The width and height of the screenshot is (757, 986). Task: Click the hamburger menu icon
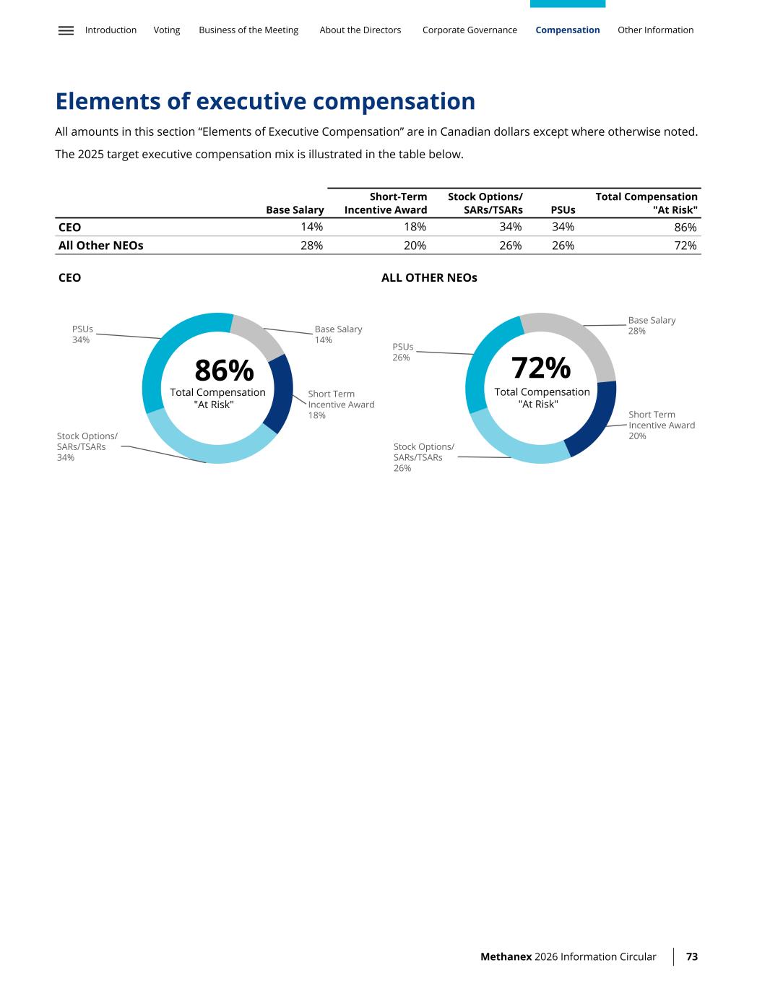click(66, 30)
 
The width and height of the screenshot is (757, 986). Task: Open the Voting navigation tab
click(167, 30)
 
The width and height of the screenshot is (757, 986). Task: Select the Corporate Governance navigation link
click(470, 30)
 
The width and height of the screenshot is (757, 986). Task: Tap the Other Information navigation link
click(655, 30)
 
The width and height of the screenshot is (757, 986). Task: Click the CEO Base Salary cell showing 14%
click(311, 228)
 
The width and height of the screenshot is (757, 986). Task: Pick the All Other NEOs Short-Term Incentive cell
click(415, 246)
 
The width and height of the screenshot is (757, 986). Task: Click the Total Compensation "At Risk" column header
click(646, 203)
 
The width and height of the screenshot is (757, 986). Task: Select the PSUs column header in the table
click(563, 210)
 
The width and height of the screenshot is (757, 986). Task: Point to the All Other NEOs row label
click(100, 246)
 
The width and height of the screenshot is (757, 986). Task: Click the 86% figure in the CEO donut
click(224, 371)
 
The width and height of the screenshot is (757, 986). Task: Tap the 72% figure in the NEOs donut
click(541, 368)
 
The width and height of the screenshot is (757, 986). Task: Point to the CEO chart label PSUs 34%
click(82, 334)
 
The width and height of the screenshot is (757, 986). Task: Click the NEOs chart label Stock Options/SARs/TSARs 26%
click(424, 457)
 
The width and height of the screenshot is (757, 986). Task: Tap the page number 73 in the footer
click(691, 956)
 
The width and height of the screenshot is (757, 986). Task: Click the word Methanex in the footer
click(506, 956)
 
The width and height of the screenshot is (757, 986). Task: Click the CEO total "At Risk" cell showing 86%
click(685, 228)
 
